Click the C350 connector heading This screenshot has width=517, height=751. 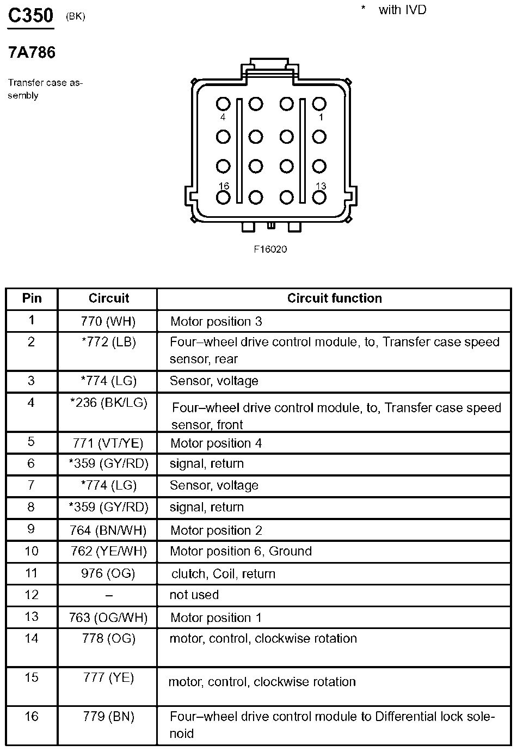pyautogui.click(x=30, y=16)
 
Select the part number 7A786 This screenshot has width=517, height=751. pyautogui.click(x=32, y=53)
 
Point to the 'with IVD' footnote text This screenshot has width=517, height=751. pyautogui.click(x=402, y=10)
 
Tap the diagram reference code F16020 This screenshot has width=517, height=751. pyautogui.click(x=270, y=249)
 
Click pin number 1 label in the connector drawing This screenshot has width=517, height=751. pyautogui.click(x=321, y=117)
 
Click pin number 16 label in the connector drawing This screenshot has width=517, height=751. pyautogui.click(x=223, y=186)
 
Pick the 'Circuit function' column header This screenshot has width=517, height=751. pyautogui.click(x=334, y=298)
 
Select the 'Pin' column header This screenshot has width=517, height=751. pyautogui.click(x=32, y=298)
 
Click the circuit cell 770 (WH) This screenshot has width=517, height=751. pyautogui.click(x=108, y=321)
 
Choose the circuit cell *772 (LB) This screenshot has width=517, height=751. pyautogui.click(x=108, y=342)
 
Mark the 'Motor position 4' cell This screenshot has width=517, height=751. pyautogui.click(x=216, y=443)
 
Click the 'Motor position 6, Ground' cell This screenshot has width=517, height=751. pyautogui.click(x=241, y=551)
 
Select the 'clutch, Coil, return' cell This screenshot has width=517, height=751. pyautogui.click(x=223, y=573)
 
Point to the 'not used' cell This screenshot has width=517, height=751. pyautogui.click(x=194, y=595)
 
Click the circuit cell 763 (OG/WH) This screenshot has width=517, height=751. pyautogui.click(x=108, y=618)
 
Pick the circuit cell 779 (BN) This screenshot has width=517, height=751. pyautogui.click(x=108, y=716)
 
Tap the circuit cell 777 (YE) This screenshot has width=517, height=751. pyautogui.click(x=108, y=677)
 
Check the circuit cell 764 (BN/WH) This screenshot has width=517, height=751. pyautogui.click(x=108, y=530)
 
